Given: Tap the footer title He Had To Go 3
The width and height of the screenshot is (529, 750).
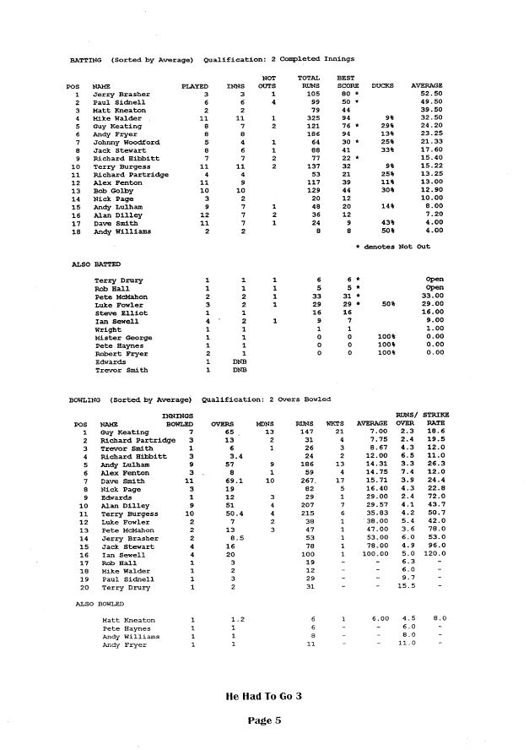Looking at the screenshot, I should click(x=263, y=697).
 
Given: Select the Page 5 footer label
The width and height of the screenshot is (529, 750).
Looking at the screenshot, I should click(x=263, y=720).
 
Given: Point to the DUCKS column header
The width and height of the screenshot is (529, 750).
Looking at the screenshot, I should click(x=383, y=86).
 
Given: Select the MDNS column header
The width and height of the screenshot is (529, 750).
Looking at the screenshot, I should click(x=267, y=423).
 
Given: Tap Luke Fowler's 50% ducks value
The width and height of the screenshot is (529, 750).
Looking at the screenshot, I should click(x=389, y=304).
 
